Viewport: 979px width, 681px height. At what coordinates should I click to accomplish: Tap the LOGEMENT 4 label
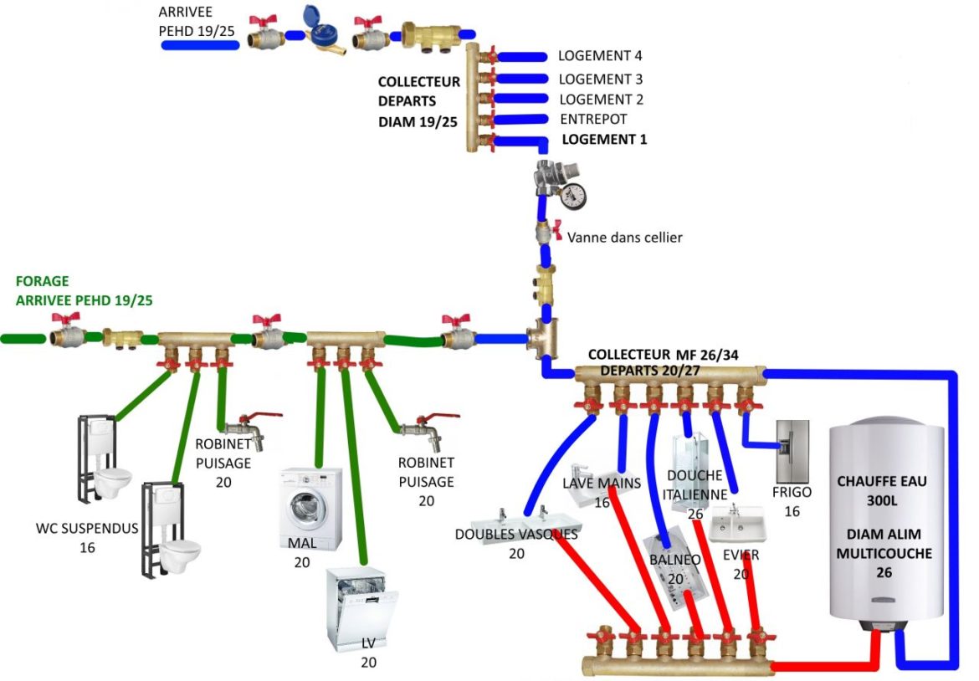tap(600, 57)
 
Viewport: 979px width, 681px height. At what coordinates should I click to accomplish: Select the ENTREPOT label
tap(592, 120)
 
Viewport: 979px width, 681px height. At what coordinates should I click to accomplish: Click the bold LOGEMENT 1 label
tap(604, 140)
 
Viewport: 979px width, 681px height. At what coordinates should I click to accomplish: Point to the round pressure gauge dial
tap(573, 197)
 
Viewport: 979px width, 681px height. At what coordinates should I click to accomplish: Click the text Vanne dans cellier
tap(624, 238)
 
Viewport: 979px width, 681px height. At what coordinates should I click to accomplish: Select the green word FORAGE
tap(42, 282)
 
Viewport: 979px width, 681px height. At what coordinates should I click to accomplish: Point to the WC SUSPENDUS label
tap(87, 529)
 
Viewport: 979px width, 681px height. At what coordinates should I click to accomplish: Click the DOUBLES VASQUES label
tap(516, 534)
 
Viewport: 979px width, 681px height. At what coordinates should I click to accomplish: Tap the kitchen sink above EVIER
tap(738, 525)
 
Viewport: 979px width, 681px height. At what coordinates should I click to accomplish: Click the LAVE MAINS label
tap(601, 484)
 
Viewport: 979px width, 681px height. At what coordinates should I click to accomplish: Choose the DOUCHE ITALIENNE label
tap(695, 484)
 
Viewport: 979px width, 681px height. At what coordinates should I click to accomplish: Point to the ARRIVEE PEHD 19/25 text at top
tap(198, 22)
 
